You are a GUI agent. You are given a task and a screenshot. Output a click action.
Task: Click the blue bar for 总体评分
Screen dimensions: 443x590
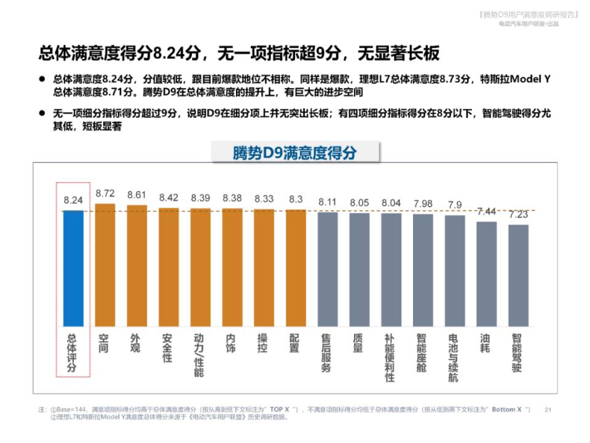pyautogui.click(x=73, y=268)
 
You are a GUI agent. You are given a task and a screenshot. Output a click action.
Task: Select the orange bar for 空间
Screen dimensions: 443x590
pyautogui.click(x=105, y=265)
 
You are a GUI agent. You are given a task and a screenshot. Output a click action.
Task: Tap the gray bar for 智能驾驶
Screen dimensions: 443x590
pyautogui.click(x=518, y=275)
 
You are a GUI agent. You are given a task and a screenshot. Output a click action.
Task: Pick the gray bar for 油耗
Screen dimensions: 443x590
pyautogui.click(x=486, y=273)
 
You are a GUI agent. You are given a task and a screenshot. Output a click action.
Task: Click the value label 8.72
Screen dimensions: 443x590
pyautogui.click(x=105, y=194)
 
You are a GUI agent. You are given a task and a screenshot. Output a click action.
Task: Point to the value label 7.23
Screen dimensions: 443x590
pyautogui.click(x=518, y=215)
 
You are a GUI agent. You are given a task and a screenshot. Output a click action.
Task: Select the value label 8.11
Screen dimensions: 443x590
pyautogui.click(x=328, y=202)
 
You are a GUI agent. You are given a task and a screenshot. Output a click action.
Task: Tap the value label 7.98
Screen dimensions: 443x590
pyautogui.click(x=423, y=204)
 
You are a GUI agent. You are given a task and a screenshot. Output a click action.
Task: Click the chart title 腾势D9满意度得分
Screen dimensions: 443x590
pyautogui.click(x=295, y=153)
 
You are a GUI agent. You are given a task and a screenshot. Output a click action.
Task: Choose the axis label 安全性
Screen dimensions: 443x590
pyautogui.click(x=167, y=348)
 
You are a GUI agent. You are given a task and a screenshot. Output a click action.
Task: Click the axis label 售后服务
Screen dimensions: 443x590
pyautogui.click(x=326, y=353)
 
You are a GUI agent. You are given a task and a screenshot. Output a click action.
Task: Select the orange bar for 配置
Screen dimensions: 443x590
pyautogui.click(x=296, y=268)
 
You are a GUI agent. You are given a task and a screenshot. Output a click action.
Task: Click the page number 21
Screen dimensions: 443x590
pyautogui.click(x=549, y=409)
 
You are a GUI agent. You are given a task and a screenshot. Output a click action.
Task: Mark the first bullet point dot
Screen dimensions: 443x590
pyautogui.click(x=42, y=79)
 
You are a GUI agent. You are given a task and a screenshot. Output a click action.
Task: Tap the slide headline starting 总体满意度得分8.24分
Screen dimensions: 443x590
pyautogui.click(x=239, y=53)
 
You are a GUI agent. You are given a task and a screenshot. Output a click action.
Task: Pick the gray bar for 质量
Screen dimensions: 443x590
pyautogui.click(x=359, y=269)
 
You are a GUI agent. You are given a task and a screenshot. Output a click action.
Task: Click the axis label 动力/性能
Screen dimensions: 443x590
pyautogui.click(x=199, y=356)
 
